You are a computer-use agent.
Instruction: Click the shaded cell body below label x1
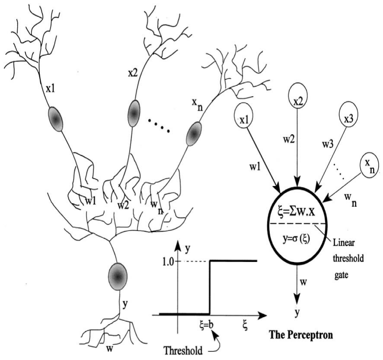coord(56,118)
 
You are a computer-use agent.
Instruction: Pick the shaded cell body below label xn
coord(193,134)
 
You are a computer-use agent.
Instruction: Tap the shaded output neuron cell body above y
coord(117,275)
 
